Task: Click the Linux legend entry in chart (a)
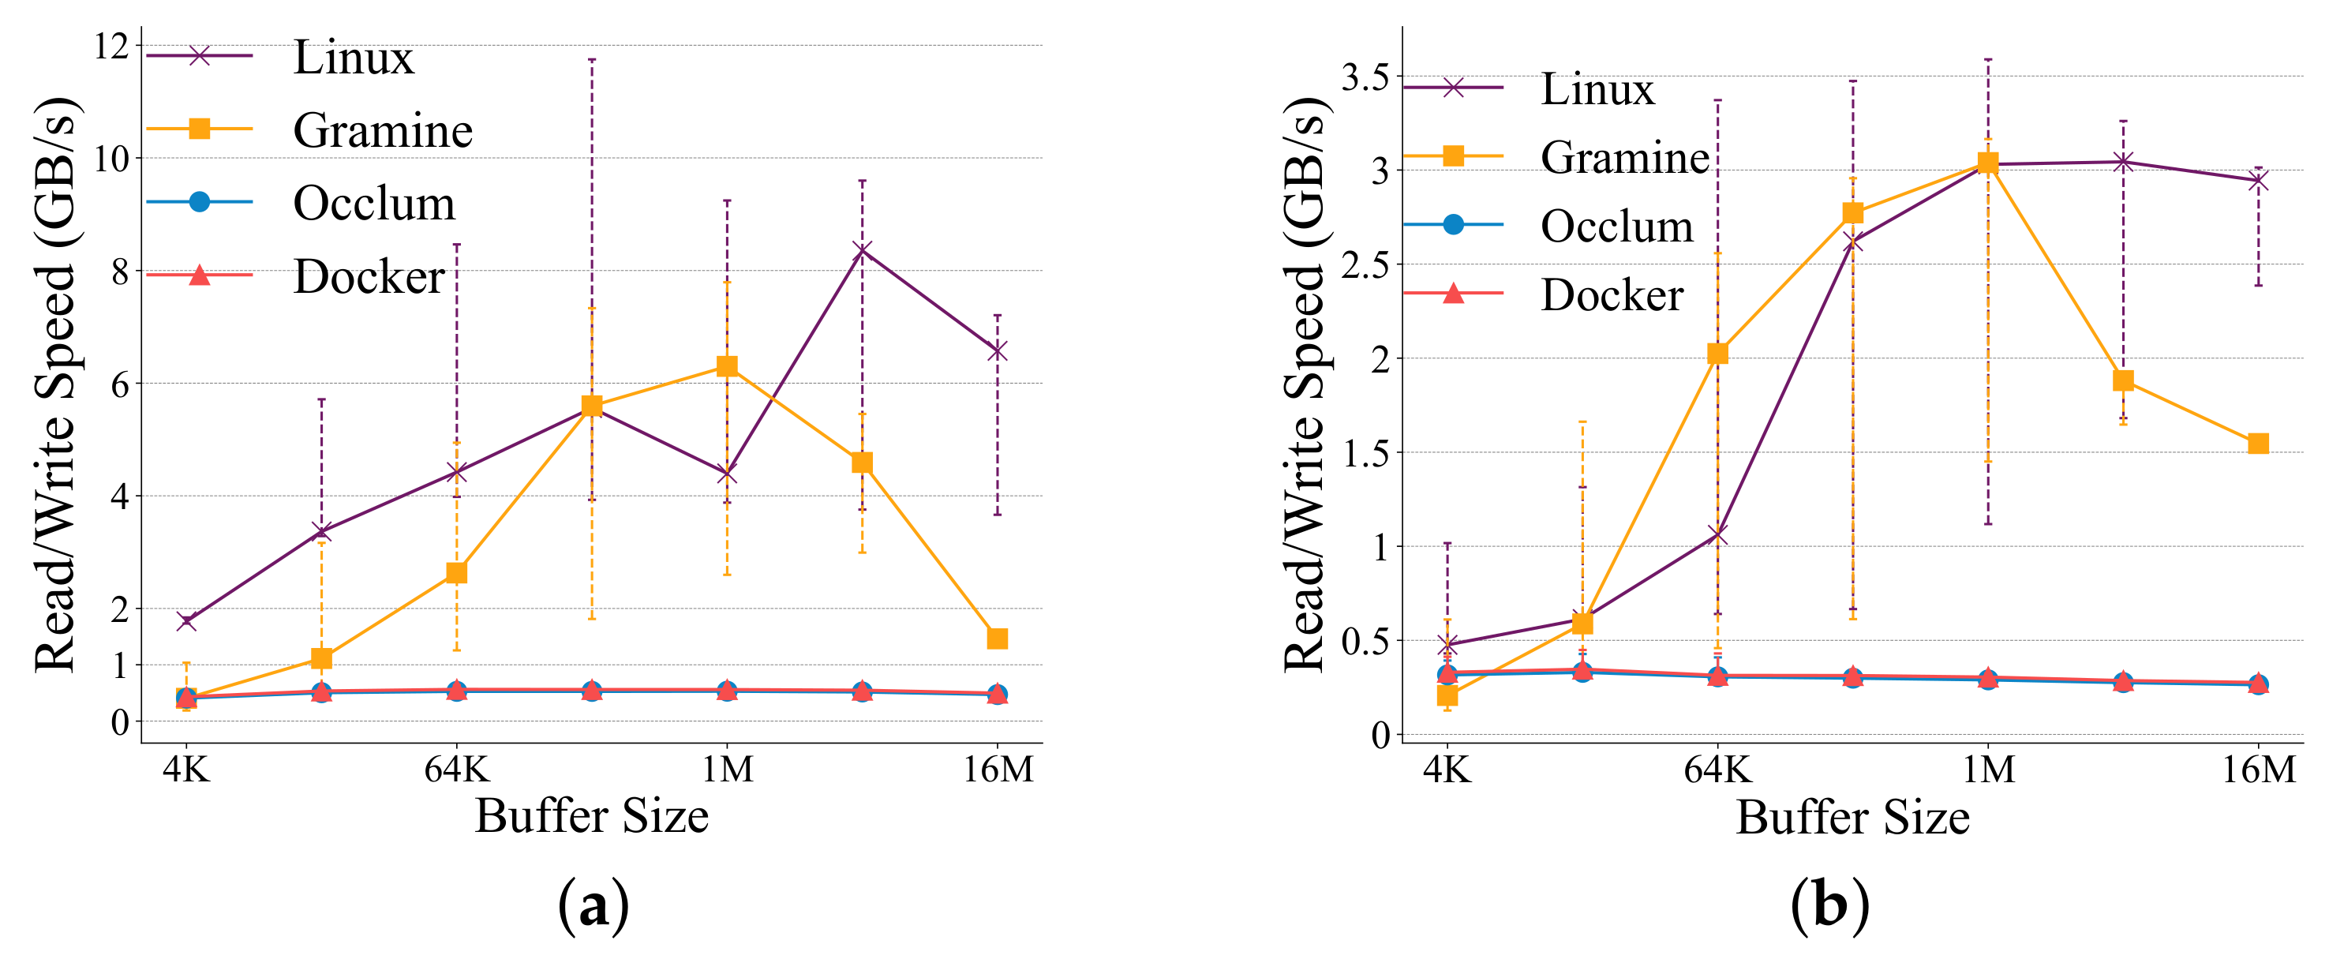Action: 353,58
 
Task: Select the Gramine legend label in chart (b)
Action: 1624,157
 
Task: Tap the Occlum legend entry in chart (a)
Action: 373,203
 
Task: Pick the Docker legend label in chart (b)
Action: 1612,294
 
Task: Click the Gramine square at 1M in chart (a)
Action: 727,367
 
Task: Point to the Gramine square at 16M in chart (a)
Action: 998,639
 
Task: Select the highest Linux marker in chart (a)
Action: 863,250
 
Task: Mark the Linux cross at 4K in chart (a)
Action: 186,621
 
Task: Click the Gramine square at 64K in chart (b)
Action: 1717,353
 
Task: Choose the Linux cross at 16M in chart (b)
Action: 2257,180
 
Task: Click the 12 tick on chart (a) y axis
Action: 112,47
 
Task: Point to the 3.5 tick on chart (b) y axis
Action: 1366,78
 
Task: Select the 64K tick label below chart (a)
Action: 457,770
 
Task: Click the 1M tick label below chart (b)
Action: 1987,770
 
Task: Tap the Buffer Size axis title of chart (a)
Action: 591,815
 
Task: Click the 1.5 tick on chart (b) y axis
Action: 1366,453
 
